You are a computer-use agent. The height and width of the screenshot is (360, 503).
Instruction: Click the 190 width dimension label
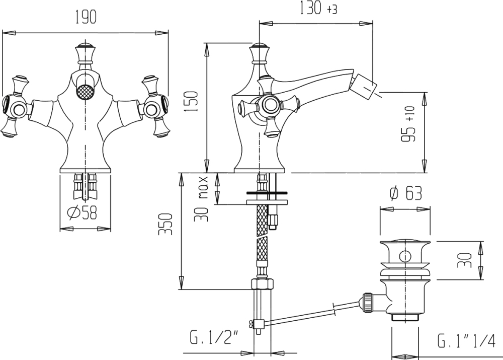(x=86, y=17)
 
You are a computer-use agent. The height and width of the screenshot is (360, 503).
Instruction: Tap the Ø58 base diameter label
(x=82, y=212)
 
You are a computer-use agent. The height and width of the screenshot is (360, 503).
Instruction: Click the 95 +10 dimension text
(x=408, y=124)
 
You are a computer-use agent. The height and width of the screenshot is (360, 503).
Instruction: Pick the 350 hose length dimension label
(x=166, y=224)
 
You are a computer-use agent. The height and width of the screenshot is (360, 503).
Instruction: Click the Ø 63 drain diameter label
(x=405, y=193)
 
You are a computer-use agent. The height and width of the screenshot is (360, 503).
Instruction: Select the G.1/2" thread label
(x=214, y=338)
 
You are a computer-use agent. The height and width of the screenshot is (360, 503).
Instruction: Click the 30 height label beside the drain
(x=465, y=260)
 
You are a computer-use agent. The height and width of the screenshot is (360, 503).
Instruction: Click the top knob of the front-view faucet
(x=86, y=52)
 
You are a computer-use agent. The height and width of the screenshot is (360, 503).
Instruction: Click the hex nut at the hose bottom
(x=262, y=284)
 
